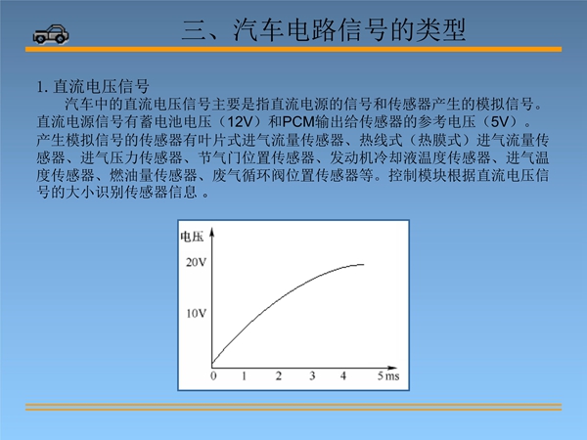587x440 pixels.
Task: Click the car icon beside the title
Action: coord(51,34)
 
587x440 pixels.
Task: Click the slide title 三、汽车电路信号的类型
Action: coord(324,30)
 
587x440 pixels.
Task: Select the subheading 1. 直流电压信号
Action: coord(93,87)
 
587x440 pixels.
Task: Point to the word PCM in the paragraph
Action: coord(298,122)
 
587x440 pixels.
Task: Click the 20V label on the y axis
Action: coord(197,263)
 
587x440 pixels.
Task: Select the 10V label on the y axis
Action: coord(197,313)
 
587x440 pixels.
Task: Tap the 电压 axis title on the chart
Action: coord(192,237)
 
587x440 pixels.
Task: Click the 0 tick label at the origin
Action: coord(213,375)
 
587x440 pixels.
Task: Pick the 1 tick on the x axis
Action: coord(244,375)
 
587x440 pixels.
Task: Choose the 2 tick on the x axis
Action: coord(279,375)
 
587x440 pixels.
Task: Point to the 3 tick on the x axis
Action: coord(312,375)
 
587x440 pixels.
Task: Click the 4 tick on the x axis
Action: coord(343,375)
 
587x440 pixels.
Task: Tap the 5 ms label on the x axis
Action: coord(388,375)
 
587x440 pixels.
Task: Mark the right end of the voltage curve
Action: coord(364,265)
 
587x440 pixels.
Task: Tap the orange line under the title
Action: coord(293,50)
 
